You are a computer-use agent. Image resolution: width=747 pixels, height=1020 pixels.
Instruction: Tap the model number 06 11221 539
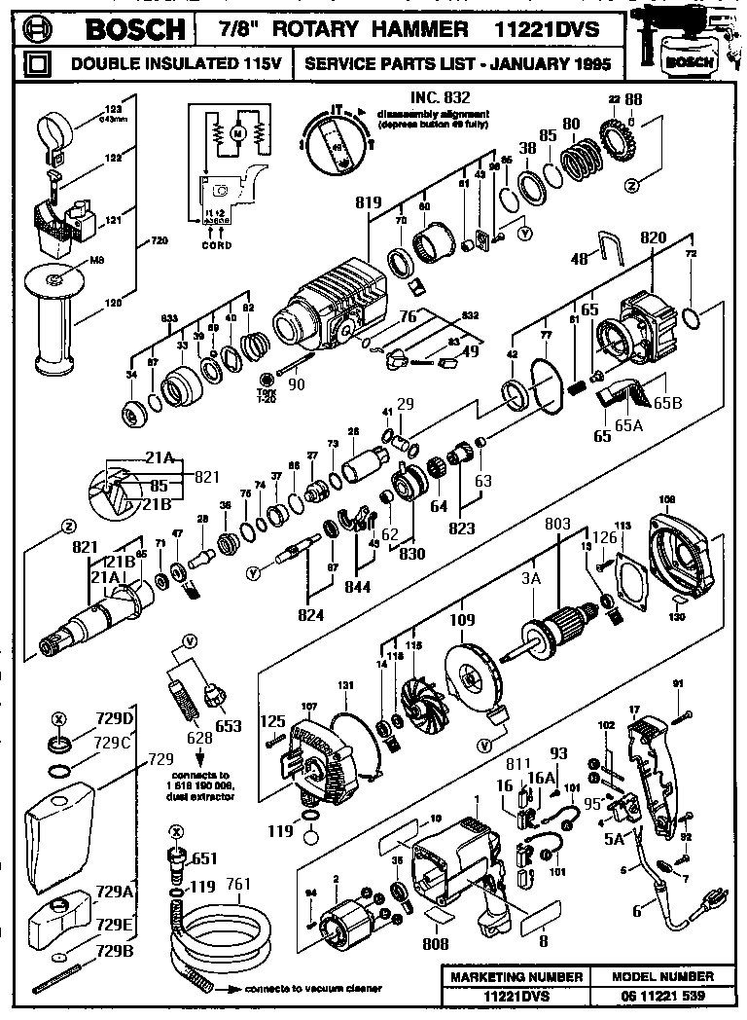point(662,996)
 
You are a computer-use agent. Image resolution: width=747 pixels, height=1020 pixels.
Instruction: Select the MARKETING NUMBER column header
point(512,976)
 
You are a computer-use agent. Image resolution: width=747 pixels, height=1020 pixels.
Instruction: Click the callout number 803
point(556,525)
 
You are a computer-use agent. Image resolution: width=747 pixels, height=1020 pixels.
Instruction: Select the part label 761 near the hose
point(237,884)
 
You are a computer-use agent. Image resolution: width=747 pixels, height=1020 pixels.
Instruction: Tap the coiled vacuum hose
point(219,935)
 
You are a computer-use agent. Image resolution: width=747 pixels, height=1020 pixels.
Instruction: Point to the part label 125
point(273,721)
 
